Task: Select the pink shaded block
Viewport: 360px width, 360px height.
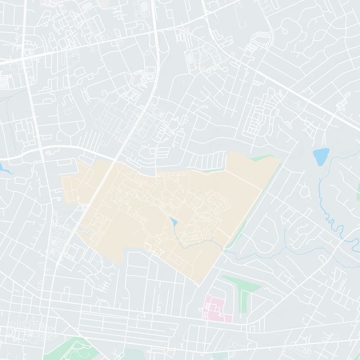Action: pos(216,308)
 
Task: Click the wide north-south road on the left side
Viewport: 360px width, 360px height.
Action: pos(38,135)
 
